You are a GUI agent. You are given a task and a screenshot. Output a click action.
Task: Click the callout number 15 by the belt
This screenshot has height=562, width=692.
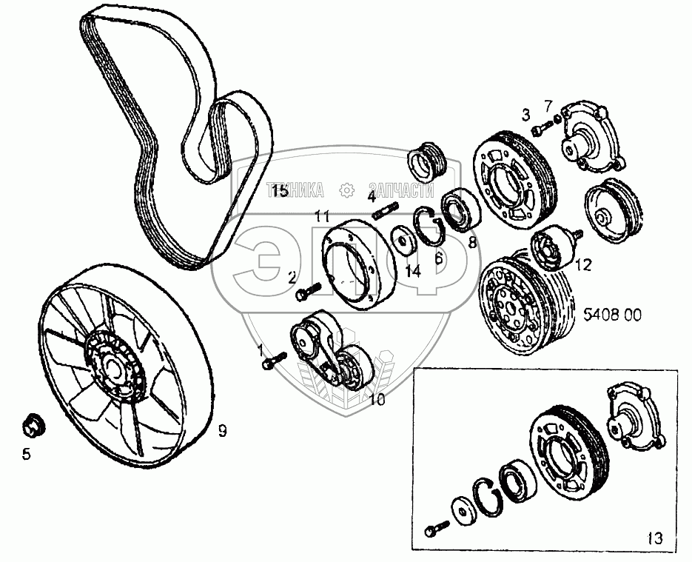[x=278, y=192]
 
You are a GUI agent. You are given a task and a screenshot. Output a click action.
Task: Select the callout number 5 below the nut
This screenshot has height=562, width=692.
[x=27, y=454]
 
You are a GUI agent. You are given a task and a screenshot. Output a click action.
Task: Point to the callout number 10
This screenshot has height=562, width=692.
[x=377, y=401]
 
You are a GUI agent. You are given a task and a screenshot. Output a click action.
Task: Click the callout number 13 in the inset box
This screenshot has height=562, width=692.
[x=655, y=537]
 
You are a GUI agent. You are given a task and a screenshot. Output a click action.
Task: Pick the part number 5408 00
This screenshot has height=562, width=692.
[x=612, y=314]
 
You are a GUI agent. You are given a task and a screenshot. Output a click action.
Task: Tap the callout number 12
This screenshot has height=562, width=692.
[x=583, y=264]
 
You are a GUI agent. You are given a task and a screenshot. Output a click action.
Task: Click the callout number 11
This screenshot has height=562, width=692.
[x=320, y=217]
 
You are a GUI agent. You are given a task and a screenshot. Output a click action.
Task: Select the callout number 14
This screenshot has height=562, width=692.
[x=412, y=271]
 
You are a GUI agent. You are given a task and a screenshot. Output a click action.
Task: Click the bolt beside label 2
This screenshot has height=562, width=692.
[x=306, y=294]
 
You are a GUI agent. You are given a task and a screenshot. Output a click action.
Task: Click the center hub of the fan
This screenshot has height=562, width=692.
[x=112, y=366]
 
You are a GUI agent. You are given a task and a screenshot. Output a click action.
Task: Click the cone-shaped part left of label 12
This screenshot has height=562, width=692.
[x=551, y=250]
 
